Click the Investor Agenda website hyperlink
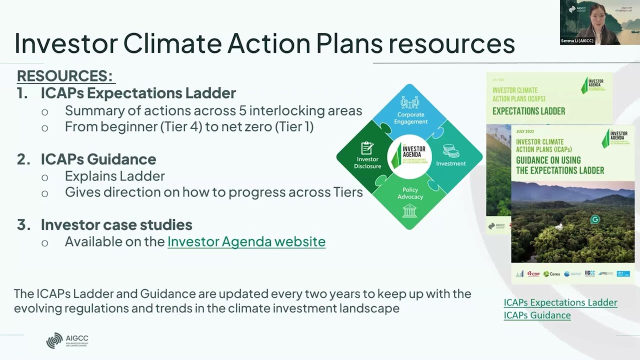[x=246, y=242]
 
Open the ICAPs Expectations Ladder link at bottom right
[x=560, y=302]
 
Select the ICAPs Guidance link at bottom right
[x=537, y=315]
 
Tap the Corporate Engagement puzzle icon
[x=409, y=103]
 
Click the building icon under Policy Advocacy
[x=409, y=210]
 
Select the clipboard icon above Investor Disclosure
[x=367, y=148]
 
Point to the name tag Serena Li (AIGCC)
[x=577, y=41]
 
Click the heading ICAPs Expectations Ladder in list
[x=138, y=93]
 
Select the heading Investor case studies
[x=116, y=225]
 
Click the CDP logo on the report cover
[x=533, y=274]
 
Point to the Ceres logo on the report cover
[x=552, y=274]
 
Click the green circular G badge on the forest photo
[x=594, y=219]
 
